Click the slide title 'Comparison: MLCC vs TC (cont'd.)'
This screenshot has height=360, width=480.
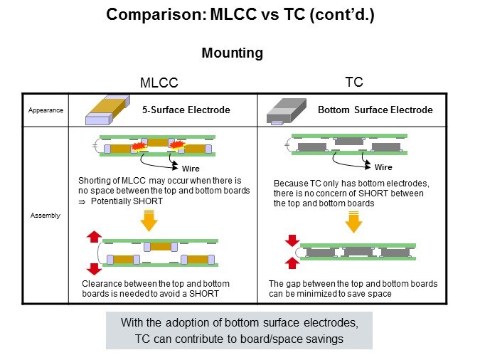tap(240, 14)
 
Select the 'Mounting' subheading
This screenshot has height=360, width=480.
tap(233, 53)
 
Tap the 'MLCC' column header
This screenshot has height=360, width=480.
tap(159, 83)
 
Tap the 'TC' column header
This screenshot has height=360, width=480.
tap(353, 83)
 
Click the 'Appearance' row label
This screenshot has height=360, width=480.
tap(46, 110)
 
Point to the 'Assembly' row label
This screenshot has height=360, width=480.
tap(46, 216)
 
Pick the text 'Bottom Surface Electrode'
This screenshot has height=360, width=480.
tap(375, 110)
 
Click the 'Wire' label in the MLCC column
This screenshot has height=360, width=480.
tap(181, 169)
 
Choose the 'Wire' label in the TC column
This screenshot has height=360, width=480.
tap(383, 168)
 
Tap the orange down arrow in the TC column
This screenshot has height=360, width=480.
tap(353, 221)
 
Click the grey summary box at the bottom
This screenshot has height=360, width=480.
tap(239, 331)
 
